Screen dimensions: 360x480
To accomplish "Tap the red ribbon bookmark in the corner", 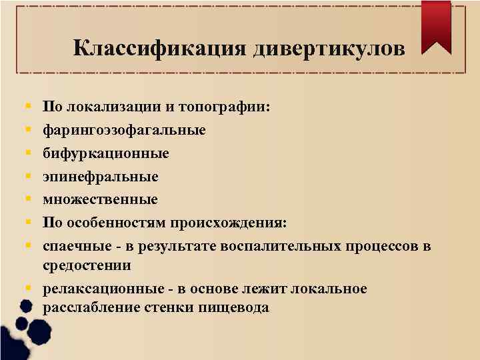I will [x=436, y=27].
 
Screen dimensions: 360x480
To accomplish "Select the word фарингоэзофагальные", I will [x=124, y=129].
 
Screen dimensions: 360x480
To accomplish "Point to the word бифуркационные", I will [x=105, y=153].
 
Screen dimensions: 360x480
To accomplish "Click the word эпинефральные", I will [x=101, y=177].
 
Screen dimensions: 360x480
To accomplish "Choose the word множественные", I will [x=100, y=199].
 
